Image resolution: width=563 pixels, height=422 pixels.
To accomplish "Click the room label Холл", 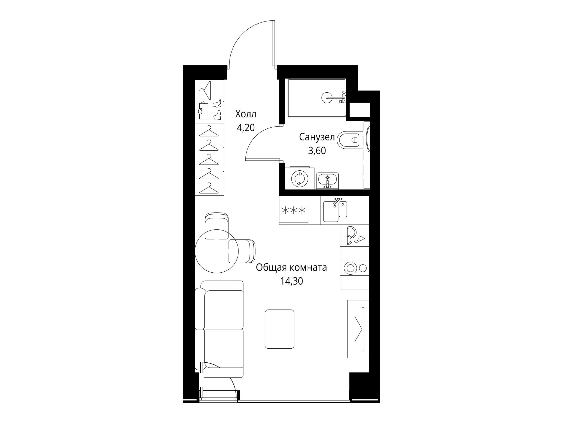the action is [x=245, y=114].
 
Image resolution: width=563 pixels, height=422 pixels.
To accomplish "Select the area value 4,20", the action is [x=246, y=127].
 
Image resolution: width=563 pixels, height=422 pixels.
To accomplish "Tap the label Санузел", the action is [x=317, y=138].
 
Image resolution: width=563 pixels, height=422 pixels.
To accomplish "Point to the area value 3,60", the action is [x=317, y=151].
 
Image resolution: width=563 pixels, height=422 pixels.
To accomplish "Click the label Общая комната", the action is [x=291, y=268].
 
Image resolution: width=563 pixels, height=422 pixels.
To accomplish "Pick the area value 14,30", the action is [x=291, y=281].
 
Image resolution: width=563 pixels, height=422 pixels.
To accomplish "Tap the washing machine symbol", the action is [x=299, y=178].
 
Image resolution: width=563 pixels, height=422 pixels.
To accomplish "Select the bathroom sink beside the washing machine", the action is [x=328, y=181].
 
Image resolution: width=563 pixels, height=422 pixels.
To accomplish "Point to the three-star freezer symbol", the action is [x=294, y=210].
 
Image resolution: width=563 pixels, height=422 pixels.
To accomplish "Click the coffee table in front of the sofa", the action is [x=279, y=329].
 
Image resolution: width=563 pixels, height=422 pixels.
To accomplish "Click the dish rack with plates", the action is [x=355, y=236].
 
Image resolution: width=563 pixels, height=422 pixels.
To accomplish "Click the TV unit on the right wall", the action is [x=358, y=329].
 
